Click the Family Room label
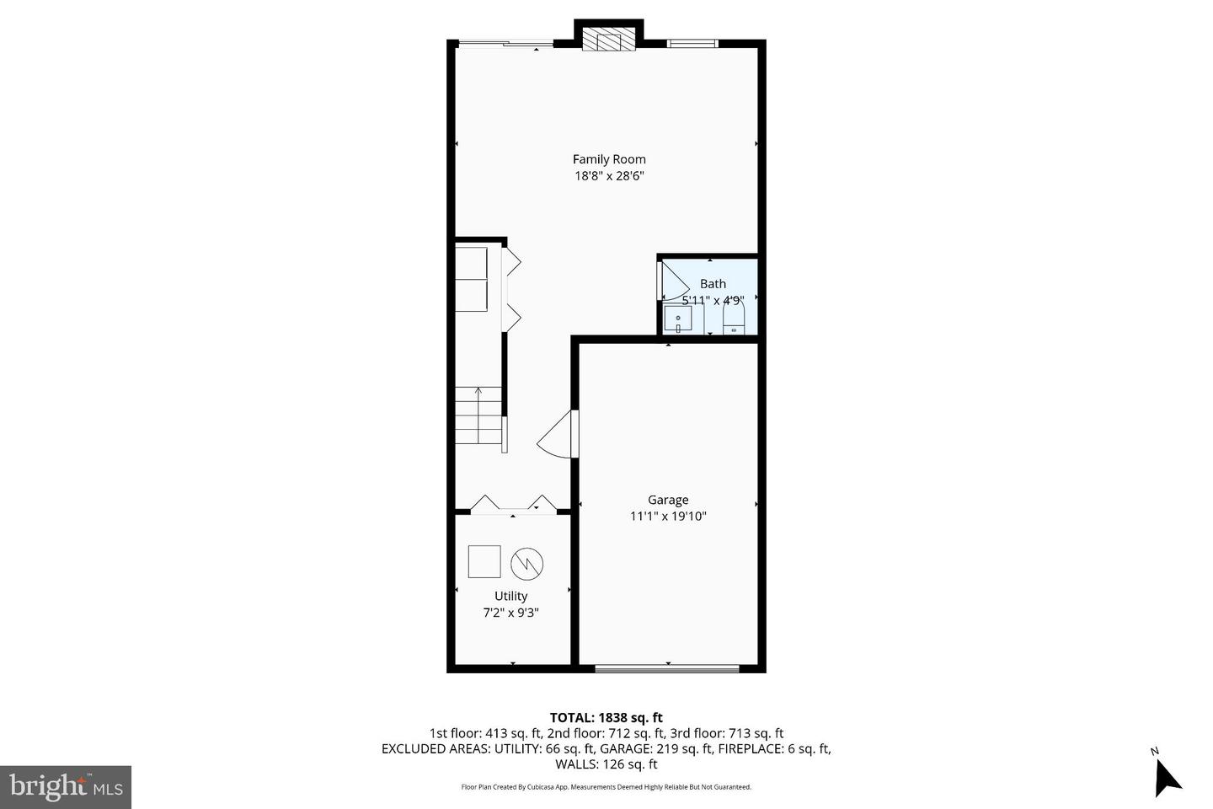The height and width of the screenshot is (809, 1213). (x=609, y=159)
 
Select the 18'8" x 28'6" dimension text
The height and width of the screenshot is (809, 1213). (x=609, y=176)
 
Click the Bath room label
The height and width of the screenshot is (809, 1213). (x=713, y=284)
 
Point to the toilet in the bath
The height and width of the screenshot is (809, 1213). (x=734, y=319)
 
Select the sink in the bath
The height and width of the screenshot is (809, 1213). (x=677, y=319)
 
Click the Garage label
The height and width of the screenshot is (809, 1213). (x=668, y=500)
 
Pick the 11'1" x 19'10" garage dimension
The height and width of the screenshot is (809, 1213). (x=668, y=517)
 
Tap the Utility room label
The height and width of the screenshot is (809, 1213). (x=510, y=596)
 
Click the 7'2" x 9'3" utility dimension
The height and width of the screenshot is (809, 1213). (x=510, y=613)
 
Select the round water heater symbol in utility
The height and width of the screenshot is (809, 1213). (x=526, y=563)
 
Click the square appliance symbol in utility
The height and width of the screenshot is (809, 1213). (x=484, y=561)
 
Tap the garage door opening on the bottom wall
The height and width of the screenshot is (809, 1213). (x=667, y=669)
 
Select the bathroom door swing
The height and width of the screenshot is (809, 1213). (x=672, y=281)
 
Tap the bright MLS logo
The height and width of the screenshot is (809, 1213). (x=65, y=787)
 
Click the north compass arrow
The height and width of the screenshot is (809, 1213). (x=1166, y=775)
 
